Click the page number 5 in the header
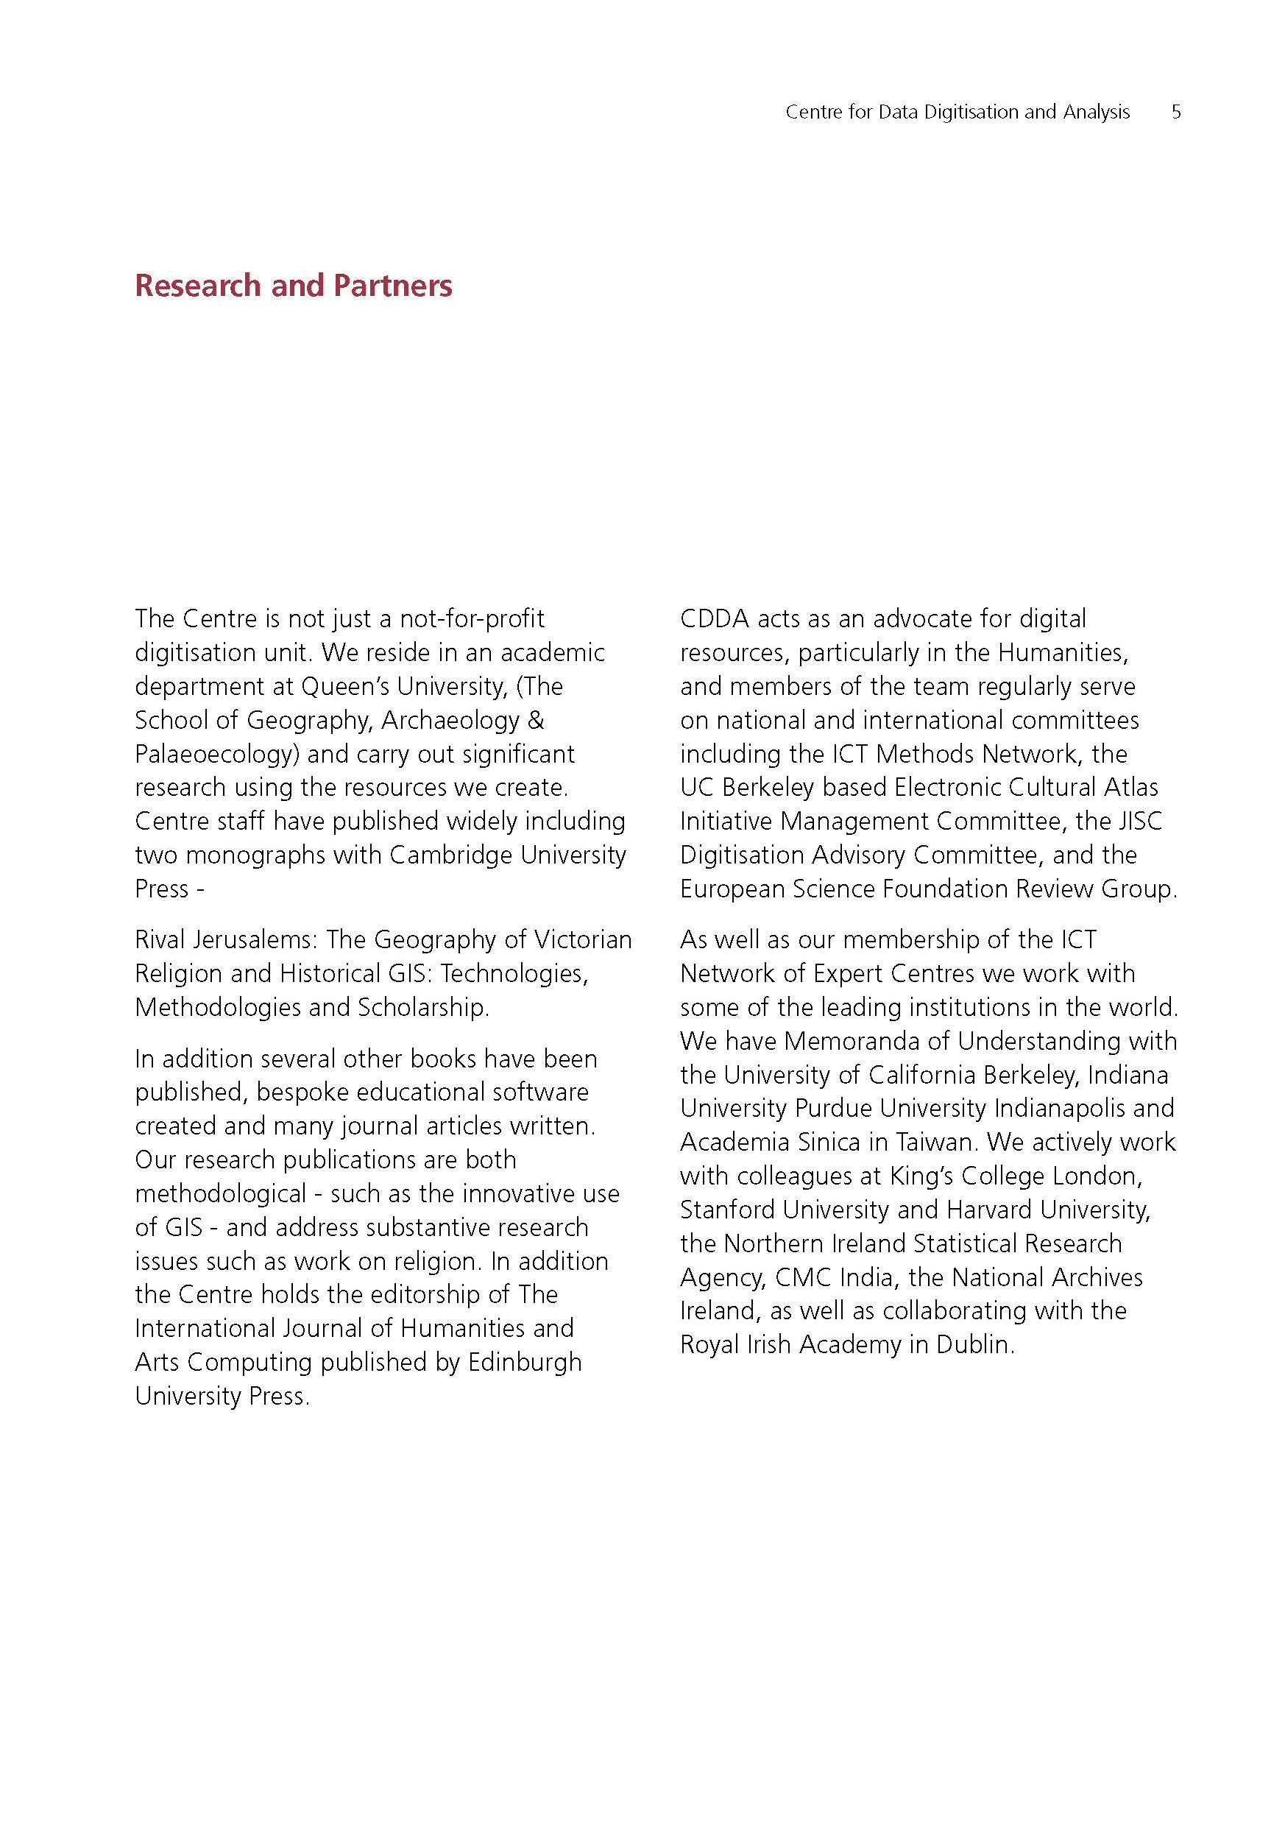click(1176, 112)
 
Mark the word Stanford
click(728, 1209)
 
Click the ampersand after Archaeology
click(536, 720)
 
